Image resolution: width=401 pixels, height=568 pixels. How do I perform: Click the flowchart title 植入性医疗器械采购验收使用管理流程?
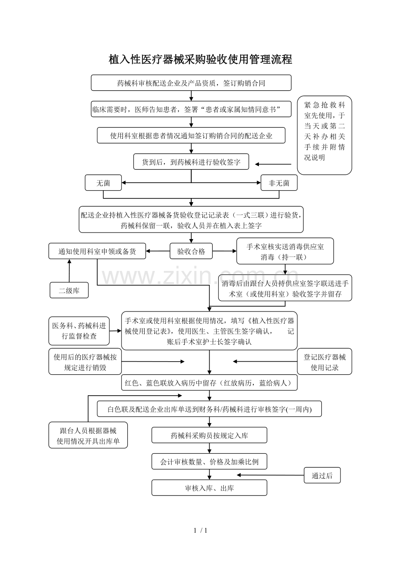[x=200, y=60]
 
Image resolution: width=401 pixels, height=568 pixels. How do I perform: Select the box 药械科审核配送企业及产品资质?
[x=191, y=83]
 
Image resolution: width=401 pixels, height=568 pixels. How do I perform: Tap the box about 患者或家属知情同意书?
[x=191, y=109]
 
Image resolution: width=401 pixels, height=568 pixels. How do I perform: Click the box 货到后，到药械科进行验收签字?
[x=191, y=162]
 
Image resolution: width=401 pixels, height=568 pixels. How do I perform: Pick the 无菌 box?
[x=103, y=183]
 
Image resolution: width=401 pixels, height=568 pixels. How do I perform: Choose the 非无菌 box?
[x=279, y=183]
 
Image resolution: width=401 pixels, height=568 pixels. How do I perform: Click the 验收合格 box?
[x=191, y=251]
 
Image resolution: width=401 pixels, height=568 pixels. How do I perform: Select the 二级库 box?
[x=69, y=291]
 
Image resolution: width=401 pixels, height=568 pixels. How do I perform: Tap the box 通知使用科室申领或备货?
[x=97, y=251]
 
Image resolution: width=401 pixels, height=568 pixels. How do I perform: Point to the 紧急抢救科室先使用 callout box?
[x=324, y=135]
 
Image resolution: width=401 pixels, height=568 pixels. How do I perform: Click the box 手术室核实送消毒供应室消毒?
[x=285, y=251]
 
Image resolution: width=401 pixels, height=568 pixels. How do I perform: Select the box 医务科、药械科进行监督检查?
[x=79, y=331]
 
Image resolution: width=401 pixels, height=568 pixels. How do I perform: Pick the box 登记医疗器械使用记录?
[x=324, y=362]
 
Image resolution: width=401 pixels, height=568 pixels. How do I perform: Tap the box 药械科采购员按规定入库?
[x=209, y=435]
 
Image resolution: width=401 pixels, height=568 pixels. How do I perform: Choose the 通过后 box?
[x=322, y=476]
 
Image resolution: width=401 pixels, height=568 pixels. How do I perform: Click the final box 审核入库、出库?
[x=209, y=488]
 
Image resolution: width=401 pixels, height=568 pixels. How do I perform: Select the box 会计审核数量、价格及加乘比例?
[x=209, y=462]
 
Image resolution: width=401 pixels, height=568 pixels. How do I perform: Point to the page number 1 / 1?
[x=200, y=530]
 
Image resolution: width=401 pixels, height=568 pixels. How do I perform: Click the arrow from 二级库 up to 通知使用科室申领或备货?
[x=69, y=270]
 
